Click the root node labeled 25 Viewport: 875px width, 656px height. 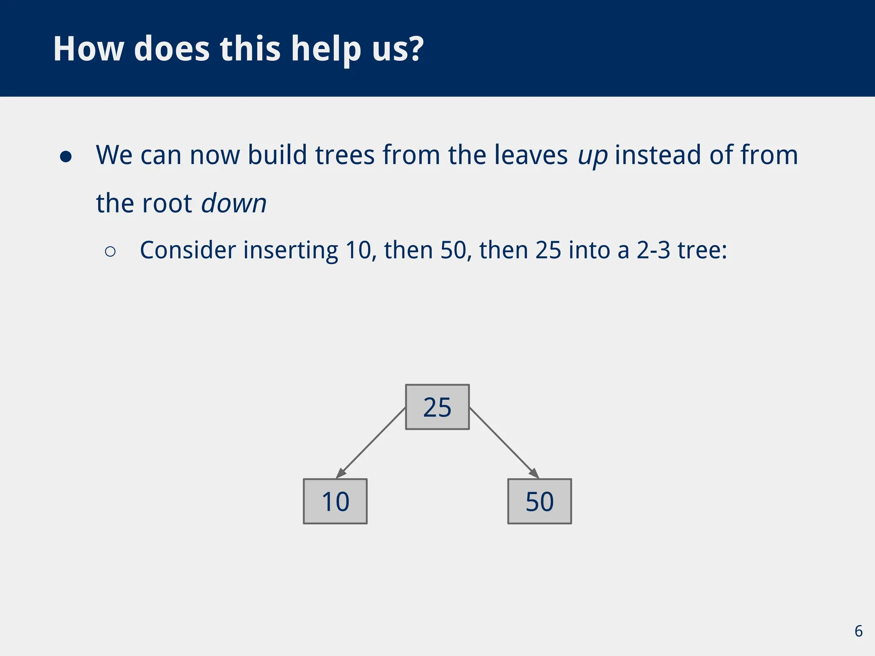(x=437, y=407)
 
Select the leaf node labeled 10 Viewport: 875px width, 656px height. (x=335, y=501)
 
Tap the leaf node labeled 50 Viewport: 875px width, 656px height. (x=539, y=501)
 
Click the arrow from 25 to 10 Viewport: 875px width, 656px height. (x=371, y=442)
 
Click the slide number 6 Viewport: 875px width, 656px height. (x=858, y=631)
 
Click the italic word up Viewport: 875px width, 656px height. (x=593, y=155)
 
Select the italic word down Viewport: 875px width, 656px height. (x=234, y=203)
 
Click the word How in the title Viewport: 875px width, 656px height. (x=88, y=49)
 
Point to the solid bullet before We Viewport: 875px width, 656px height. (x=66, y=157)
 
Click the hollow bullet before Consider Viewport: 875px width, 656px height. (x=110, y=252)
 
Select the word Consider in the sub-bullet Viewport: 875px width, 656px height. (x=188, y=250)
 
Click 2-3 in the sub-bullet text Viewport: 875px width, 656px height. (x=653, y=250)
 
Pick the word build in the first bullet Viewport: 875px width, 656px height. (x=277, y=155)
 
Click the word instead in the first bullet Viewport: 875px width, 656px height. (x=658, y=155)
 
